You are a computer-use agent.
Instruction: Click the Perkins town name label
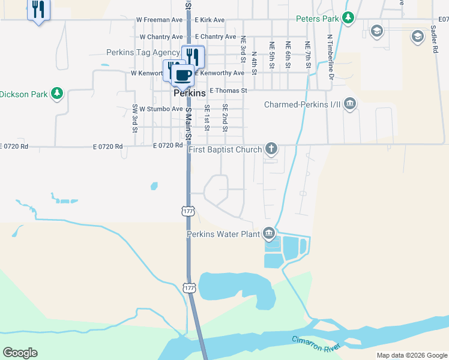point(190,94)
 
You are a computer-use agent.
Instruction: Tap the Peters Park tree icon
point(348,19)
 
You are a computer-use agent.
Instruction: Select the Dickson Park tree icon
point(57,94)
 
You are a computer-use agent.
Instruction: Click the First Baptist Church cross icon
point(271,149)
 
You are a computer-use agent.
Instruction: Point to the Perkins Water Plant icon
point(269,233)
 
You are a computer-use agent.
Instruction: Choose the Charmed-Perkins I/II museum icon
point(350,105)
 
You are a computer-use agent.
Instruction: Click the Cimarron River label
point(316,344)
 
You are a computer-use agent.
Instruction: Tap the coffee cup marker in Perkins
point(182,75)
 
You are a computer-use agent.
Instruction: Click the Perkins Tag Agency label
point(143,53)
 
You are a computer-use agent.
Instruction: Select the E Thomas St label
point(228,91)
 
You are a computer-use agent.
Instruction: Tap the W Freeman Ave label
point(159,20)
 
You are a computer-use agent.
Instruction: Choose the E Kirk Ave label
point(209,20)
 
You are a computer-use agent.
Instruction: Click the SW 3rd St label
point(135,118)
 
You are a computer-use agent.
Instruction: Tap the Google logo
point(20,353)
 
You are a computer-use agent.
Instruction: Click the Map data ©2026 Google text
point(411,355)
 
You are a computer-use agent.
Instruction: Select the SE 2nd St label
point(225,118)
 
